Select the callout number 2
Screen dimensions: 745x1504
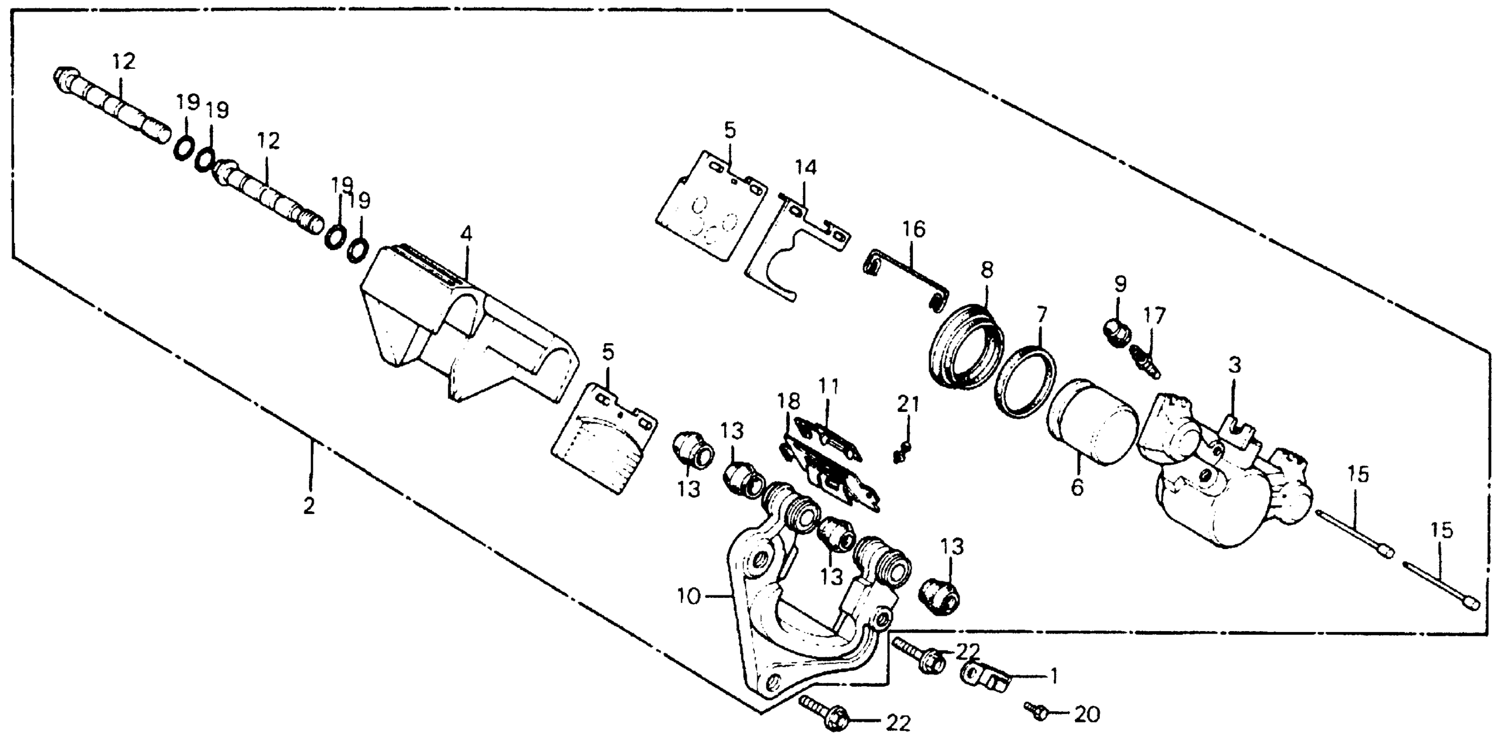pos(309,506)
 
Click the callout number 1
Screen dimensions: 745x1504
pos(1054,677)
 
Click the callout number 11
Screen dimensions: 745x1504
pos(828,386)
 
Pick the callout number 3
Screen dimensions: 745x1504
pos(1234,366)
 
